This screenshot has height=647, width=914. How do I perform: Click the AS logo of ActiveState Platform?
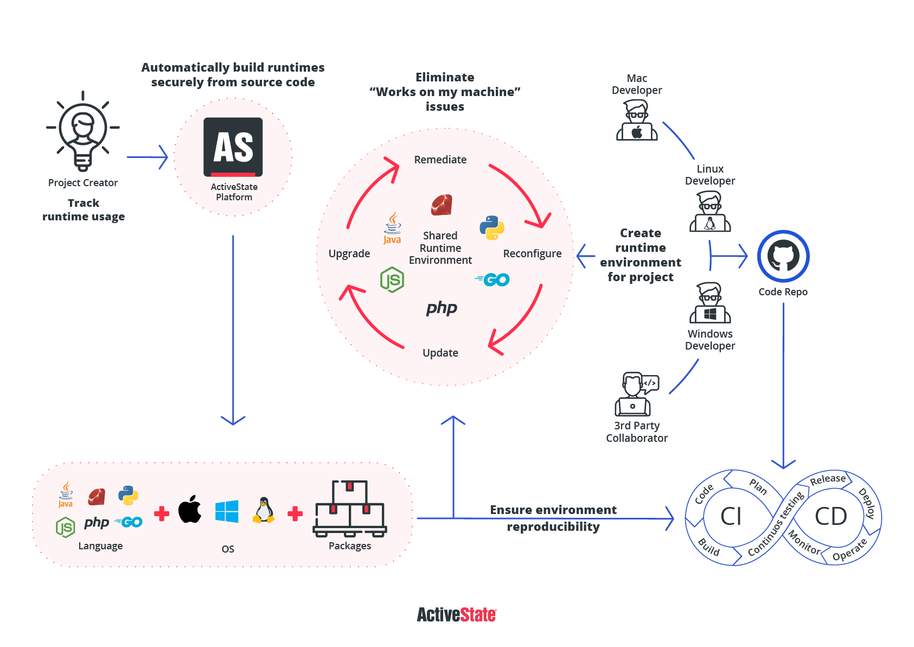click(x=233, y=147)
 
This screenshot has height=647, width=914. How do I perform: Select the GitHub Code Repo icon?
click(x=783, y=256)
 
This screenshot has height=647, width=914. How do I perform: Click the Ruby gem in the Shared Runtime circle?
click(x=442, y=205)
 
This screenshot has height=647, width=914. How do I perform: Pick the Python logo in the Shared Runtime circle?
click(x=492, y=228)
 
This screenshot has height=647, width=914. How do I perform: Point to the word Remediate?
click(x=440, y=160)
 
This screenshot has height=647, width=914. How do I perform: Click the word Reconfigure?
click(x=532, y=253)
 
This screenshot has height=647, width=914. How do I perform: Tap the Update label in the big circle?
click(x=440, y=353)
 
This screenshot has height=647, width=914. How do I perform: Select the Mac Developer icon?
click(x=637, y=120)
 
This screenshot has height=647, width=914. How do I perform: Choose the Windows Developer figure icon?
click(x=710, y=303)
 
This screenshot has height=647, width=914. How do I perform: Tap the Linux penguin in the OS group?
click(x=264, y=510)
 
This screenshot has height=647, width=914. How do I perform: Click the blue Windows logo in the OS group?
click(x=227, y=511)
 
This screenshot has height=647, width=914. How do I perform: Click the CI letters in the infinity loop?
click(x=731, y=516)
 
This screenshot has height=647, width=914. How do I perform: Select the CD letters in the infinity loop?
click(x=830, y=516)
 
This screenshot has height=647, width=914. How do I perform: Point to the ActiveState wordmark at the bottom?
click(x=456, y=615)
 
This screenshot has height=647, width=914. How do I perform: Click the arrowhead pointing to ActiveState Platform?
click(x=163, y=157)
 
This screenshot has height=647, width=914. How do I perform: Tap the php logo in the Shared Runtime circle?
click(x=442, y=308)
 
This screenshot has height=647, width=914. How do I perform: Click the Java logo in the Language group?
click(x=66, y=494)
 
